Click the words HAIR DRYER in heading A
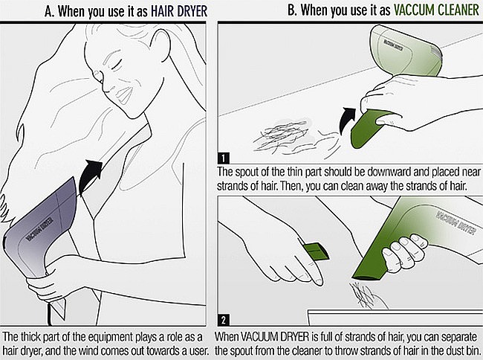(x=178, y=11)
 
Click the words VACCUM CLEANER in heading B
(x=436, y=10)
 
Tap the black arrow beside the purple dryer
(x=90, y=176)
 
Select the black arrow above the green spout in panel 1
(x=347, y=120)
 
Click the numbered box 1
(x=223, y=158)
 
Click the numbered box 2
(x=223, y=320)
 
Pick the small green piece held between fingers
(x=315, y=251)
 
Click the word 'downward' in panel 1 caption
(x=386, y=172)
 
